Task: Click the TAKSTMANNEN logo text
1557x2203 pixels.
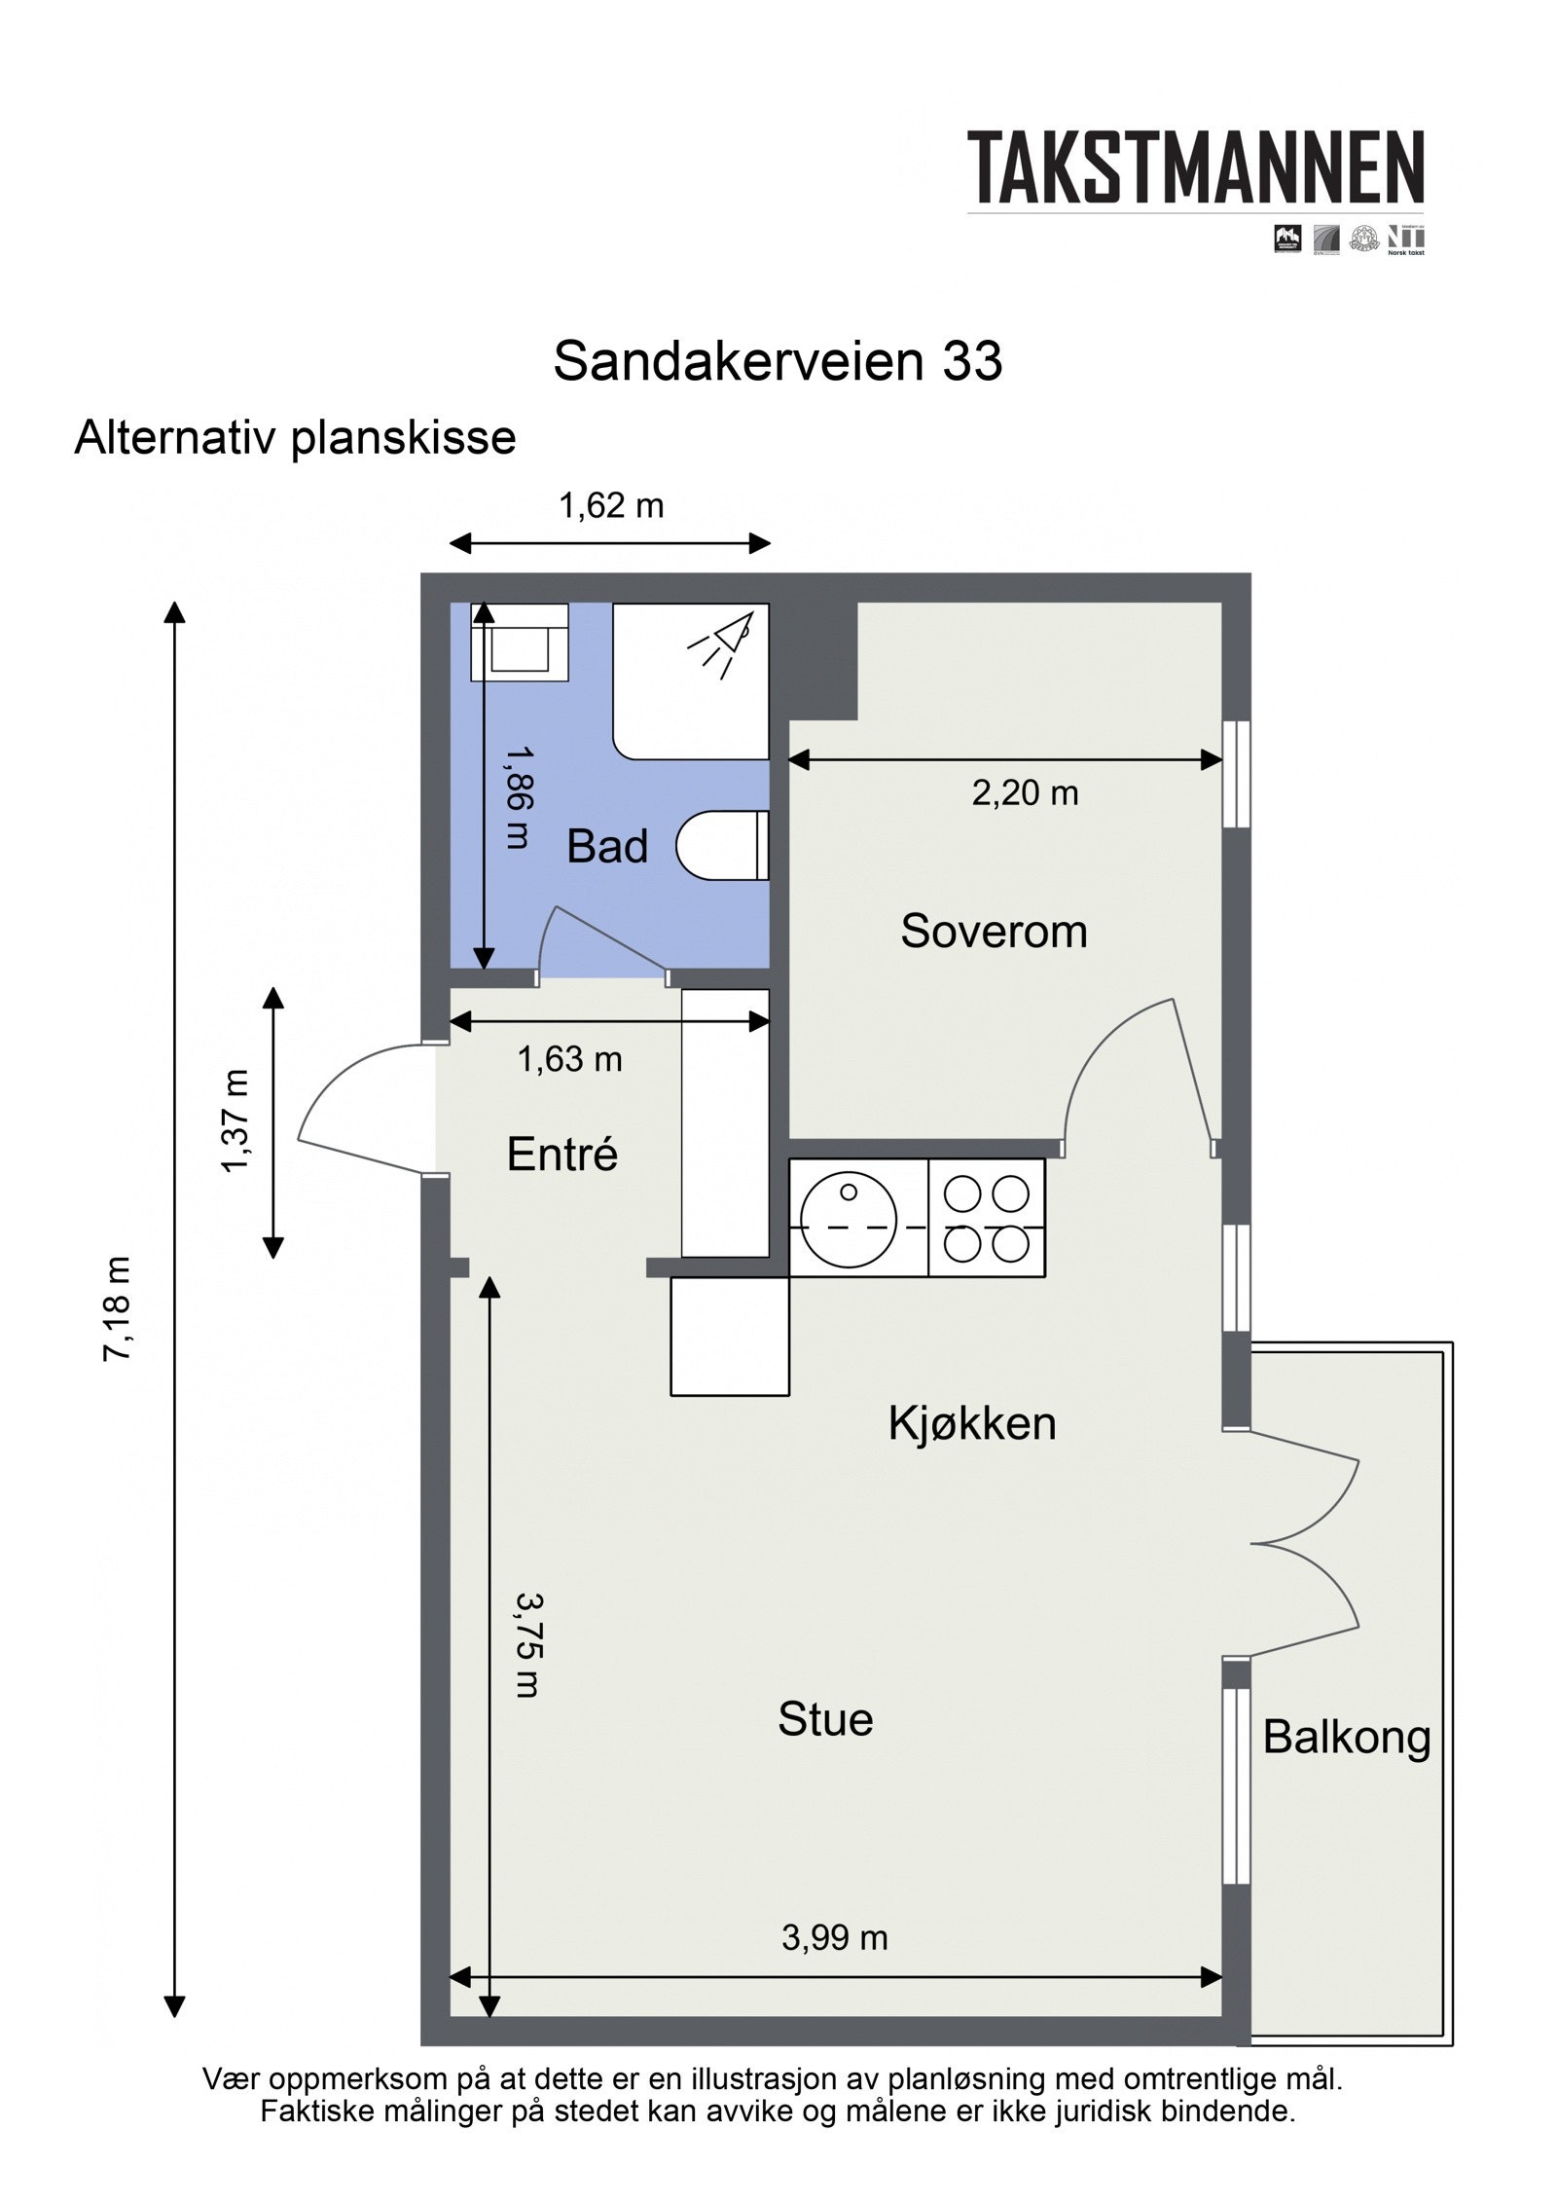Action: (x=1195, y=167)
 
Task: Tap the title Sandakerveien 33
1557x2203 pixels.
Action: (x=777, y=361)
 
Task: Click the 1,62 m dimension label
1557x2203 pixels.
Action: (x=610, y=505)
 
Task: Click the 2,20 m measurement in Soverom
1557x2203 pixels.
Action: (x=1025, y=793)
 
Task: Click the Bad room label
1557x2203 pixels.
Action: (x=606, y=846)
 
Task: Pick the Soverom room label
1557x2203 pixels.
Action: (x=993, y=931)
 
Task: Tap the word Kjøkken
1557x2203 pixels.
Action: (x=971, y=1423)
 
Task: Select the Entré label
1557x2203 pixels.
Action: (x=561, y=1155)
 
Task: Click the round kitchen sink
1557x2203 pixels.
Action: (x=847, y=1218)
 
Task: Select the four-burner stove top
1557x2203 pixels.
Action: (x=986, y=1218)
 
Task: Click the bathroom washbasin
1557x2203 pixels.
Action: (x=519, y=643)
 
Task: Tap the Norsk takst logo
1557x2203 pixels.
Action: (x=1405, y=239)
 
